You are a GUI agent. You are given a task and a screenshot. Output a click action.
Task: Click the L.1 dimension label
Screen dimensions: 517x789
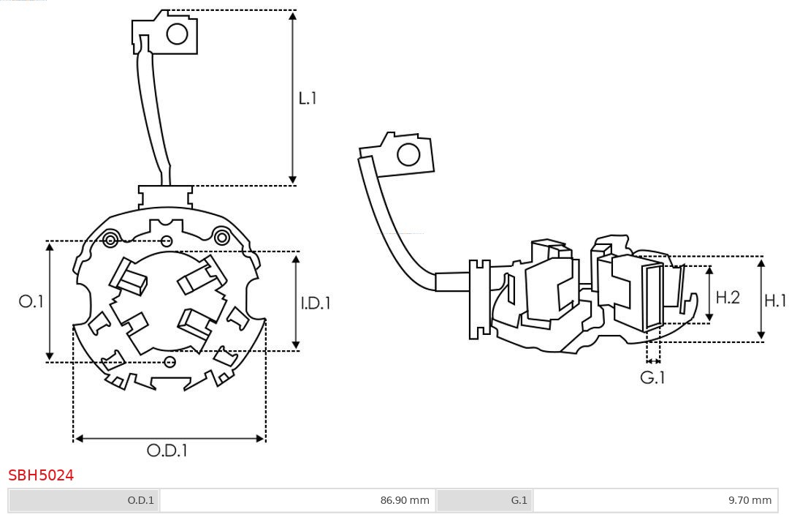pos(308,98)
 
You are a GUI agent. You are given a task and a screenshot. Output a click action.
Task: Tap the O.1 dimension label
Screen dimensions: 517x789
pos(31,301)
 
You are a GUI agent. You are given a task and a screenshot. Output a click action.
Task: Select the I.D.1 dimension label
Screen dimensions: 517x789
pos(316,303)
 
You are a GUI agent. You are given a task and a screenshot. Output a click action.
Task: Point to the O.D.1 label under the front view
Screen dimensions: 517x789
pos(167,450)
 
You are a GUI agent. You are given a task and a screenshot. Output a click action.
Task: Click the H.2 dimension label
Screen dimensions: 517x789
pos(728,298)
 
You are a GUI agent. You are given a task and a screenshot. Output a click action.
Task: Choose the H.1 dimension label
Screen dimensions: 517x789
pos(775,300)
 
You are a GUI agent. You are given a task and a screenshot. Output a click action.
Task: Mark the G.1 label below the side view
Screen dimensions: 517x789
pos(653,377)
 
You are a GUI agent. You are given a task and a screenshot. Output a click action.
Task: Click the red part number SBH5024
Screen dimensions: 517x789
pos(41,475)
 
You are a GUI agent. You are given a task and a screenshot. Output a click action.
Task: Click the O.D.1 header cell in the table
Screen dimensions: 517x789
pos(84,500)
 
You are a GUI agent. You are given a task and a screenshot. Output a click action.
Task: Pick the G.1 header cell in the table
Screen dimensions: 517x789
pos(485,500)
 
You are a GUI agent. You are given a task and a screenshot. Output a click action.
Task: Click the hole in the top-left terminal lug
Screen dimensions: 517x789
pos(178,34)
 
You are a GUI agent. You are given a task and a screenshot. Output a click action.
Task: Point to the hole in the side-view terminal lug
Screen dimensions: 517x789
pos(408,155)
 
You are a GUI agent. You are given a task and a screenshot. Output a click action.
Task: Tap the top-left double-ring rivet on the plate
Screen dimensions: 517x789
pos(110,239)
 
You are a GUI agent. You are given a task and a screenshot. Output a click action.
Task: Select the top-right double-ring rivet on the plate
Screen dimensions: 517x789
pos(221,236)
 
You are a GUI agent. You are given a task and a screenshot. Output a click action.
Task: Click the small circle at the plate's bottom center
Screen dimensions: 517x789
pos(170,361)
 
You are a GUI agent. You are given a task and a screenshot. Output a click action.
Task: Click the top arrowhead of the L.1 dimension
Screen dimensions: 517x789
pos(293,15)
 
